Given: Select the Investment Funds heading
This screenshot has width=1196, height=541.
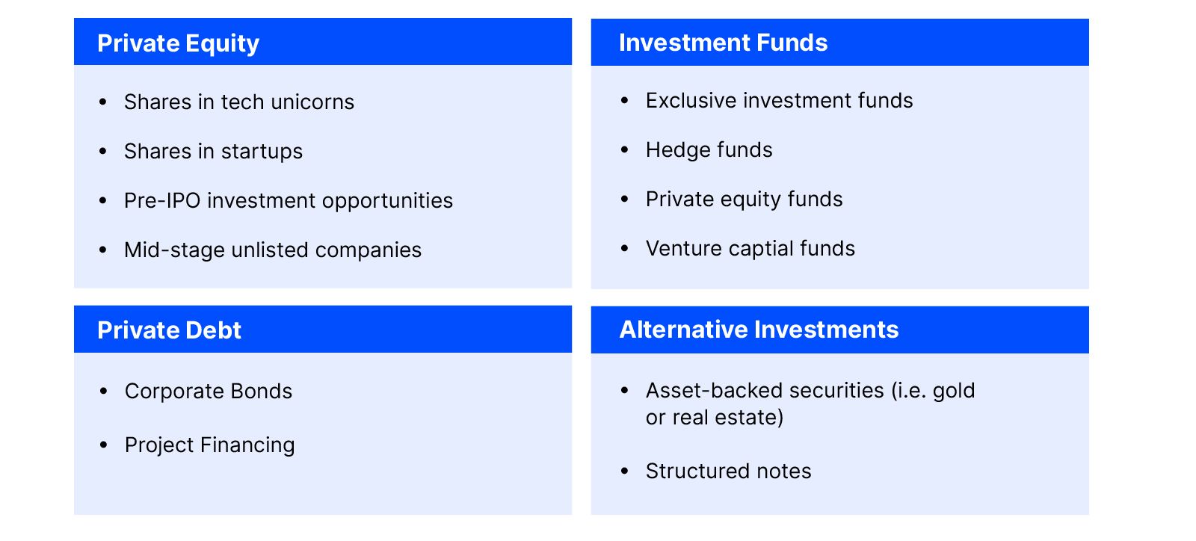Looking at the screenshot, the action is point(723,43).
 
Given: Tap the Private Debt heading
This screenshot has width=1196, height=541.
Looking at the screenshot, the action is point(169,330).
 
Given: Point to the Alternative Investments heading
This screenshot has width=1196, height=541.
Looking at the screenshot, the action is point(759,330).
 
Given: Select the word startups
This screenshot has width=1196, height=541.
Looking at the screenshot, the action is point(262,152).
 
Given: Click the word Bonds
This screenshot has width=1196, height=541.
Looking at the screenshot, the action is point(261,391).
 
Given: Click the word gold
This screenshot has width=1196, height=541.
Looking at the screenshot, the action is point(954,392).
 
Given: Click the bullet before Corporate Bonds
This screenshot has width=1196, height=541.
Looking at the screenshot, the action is point(104,391).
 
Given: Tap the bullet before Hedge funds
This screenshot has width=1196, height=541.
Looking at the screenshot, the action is point(625,150).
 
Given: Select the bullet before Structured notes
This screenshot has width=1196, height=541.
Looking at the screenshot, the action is point(625,471).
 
